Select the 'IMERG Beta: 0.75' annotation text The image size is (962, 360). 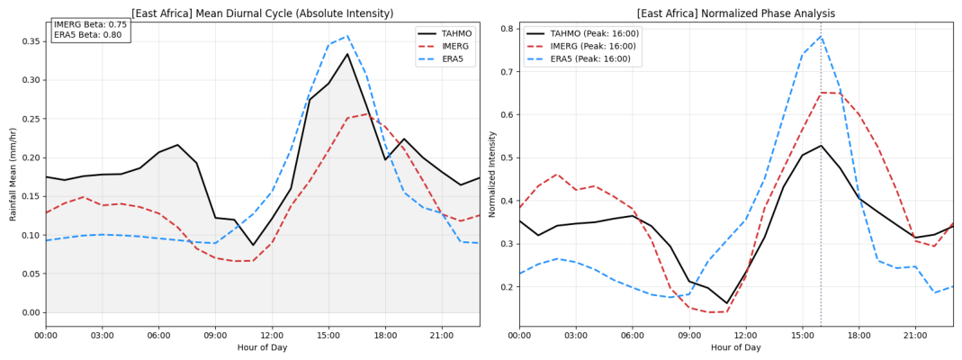[88, 24]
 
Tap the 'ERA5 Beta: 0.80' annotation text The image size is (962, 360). [88, 34]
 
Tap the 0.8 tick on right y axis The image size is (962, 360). [509, 29]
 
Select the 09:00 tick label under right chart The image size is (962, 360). [689, 336]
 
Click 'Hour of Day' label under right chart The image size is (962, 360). [736, 347]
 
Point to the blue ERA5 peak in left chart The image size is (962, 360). [347, 36]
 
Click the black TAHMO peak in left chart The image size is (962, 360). [347, 54]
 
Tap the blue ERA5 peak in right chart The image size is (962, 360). [821, 36]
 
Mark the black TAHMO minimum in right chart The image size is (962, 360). [726, 303]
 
